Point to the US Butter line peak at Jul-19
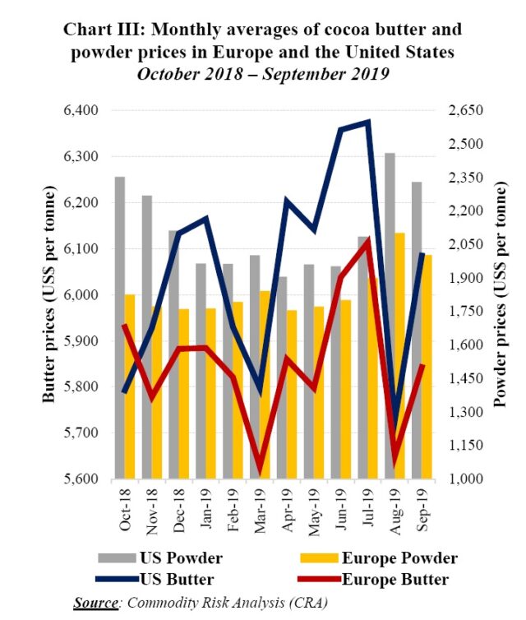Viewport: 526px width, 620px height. click(x=367, y=122)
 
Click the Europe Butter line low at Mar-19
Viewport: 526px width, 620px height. click(x=261, y=471)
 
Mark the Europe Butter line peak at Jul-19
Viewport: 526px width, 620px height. click(x=367, y=241)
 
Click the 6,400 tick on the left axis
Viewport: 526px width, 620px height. click(x=81, y=110)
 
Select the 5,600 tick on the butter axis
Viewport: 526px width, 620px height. click(x=81, y=479)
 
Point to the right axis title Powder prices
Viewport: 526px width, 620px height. click(x=499, y=294)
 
